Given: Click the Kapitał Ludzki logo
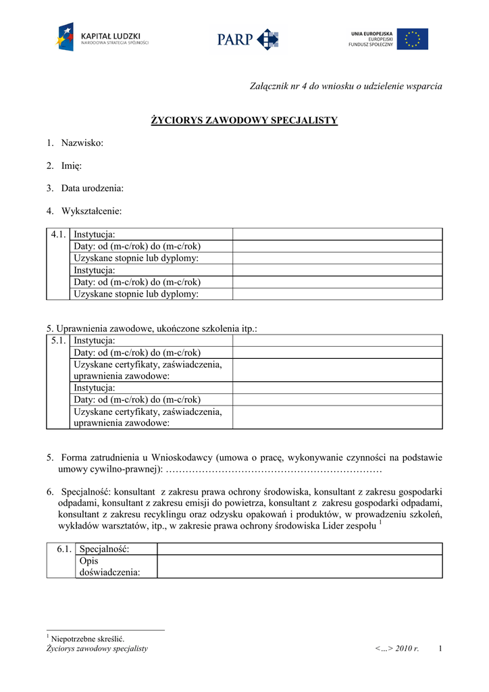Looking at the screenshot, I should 102,38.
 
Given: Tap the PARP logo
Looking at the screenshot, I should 247,39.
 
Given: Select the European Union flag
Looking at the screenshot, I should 412,39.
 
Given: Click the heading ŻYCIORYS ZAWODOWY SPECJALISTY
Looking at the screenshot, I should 243,121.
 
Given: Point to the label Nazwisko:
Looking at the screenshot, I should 82,143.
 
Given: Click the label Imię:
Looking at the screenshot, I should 72,166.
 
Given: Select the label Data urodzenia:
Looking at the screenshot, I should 92,188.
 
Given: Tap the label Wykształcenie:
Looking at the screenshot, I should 91,211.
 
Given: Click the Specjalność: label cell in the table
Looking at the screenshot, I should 104,549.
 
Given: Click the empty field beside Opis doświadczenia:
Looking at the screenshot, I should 299,566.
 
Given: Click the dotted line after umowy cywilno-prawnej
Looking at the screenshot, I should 274,469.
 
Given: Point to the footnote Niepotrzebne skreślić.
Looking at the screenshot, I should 88,639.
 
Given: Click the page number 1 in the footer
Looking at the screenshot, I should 440,649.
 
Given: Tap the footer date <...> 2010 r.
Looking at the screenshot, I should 397,649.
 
